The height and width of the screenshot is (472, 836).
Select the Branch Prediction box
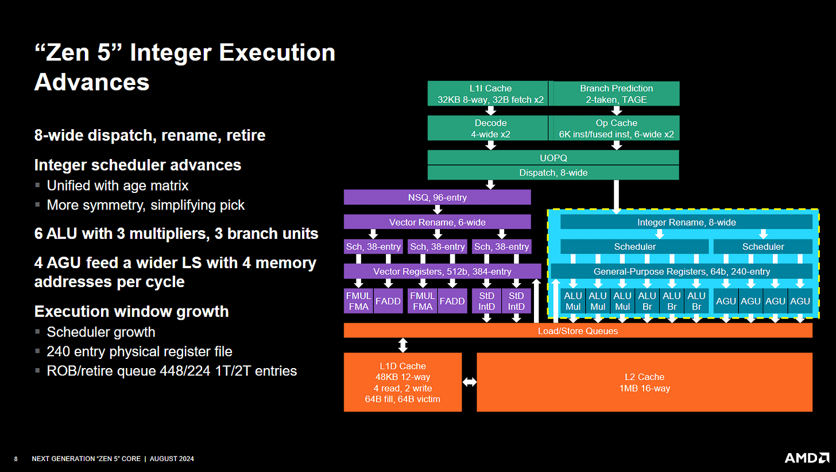click(x=616, y=94)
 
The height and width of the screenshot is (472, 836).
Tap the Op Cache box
click(x=616, y=128)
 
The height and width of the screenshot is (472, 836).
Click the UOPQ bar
click(x=553, y=157)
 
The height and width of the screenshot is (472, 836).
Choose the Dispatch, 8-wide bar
click(x=553, y=172)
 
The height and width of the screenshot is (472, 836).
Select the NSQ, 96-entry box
click(x=437, y=198)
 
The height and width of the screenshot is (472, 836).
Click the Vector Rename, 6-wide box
click(x=437, y=222)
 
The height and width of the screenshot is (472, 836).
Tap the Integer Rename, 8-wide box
click(x=686, y=222)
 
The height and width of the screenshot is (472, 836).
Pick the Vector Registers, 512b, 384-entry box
click(x=442, y=271)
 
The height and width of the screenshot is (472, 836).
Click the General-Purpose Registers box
click(x=681, y=271)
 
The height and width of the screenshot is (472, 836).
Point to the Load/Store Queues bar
click(x=578, y=330)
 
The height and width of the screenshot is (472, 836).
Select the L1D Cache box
click(x=402, y=382)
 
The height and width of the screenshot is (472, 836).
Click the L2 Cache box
click(x=644, y=382)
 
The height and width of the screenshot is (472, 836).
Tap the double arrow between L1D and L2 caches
click(x=469, y=382)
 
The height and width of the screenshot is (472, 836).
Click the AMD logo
click(x=806, y=458)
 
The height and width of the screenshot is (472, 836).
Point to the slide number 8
click(x=16, y=459)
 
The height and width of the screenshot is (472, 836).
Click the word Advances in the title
click(x=92, y=82)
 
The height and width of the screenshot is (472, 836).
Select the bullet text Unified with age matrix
click(x=117, y=185)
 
